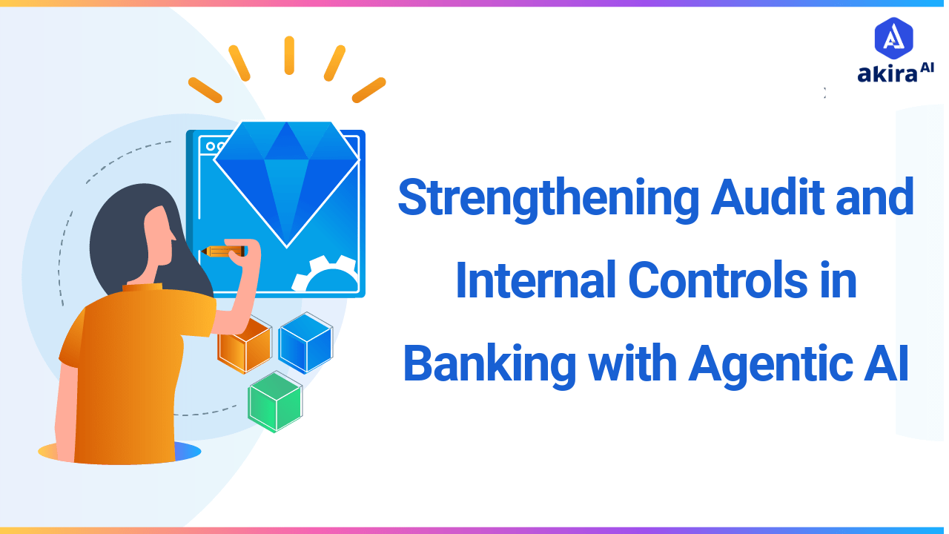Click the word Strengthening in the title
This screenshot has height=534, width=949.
547,199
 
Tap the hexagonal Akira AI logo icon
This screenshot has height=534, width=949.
893,38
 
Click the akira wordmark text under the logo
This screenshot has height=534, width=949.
887,74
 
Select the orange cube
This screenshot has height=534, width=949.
244,346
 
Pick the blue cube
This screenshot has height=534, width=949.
305,342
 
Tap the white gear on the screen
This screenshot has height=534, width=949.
326,275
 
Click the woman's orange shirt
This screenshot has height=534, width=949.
133,371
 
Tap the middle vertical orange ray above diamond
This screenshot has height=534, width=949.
289,56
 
